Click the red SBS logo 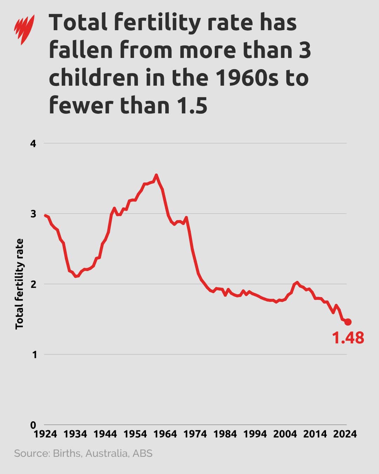[24, 29]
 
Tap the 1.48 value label [348, 338]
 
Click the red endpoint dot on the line [348, 322]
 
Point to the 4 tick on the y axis [33, 144]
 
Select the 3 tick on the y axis [33, 214]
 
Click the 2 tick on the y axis [33, 284]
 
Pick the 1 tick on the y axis [34, 355]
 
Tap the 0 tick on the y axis [33, 425]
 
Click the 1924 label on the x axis [45, 434]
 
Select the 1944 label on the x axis [105, 434]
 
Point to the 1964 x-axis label [165, 434]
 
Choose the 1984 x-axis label [225, 434]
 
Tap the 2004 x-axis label [285, 434]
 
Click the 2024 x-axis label [345, 434]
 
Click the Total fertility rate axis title [19, 284]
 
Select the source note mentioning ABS [83, 453]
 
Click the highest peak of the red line [157, 175]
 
